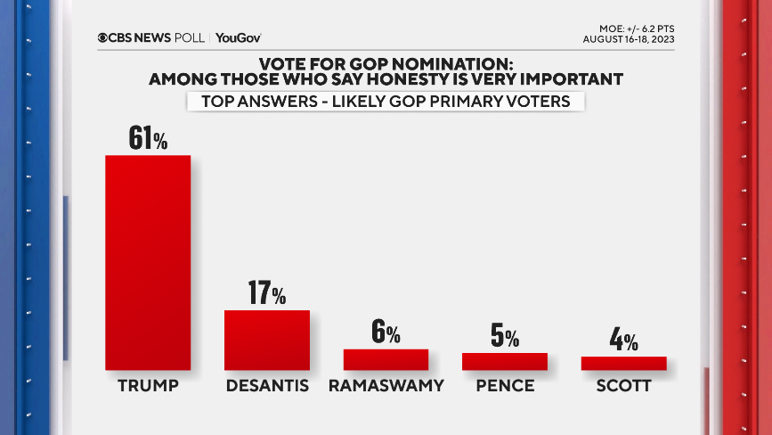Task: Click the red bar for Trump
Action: (x=148, y=262)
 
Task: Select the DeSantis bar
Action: (x=266, y=340)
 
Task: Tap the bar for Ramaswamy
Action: (x=386, y=359)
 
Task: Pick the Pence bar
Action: (x=504, y=361)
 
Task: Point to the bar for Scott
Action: (x=623, y=363)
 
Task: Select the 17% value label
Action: (x=266, y=293)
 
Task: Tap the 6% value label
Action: (x=386, y=333)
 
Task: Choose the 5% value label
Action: (x=504, y=336)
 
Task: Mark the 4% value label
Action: (x=623, y=340)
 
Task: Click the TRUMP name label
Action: (x=148, y=387)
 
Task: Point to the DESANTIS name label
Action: (x=266, y=387)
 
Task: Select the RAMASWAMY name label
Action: (x=386, y=387)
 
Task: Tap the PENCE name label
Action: (x=504, y=387)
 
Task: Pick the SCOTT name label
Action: (x=623, y=387)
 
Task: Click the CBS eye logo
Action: (x=103, y=37)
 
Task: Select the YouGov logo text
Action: (x=238, y=37)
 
